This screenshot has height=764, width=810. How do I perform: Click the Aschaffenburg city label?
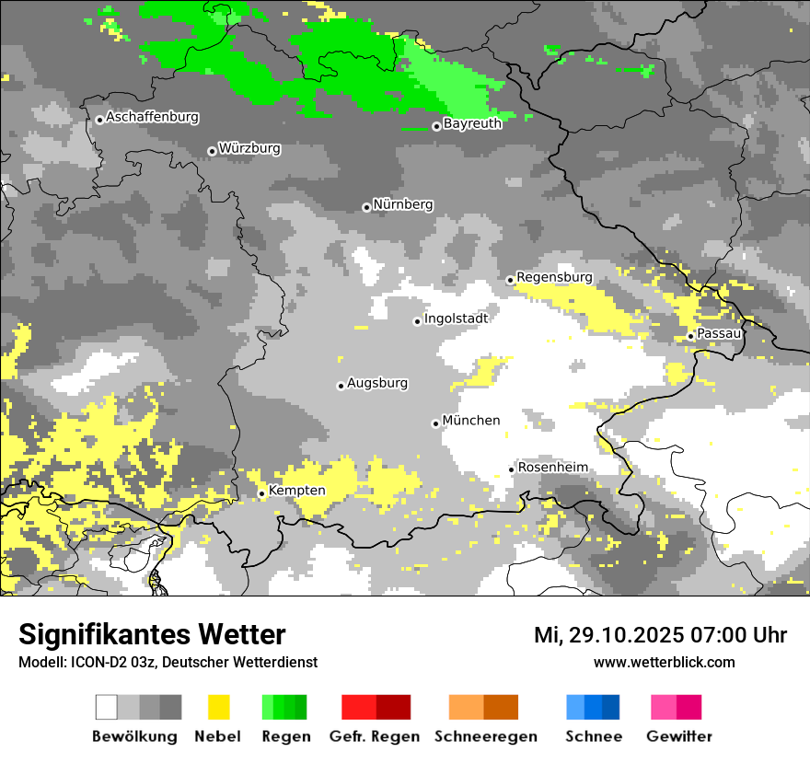pyautogui.click(x=152, y=117)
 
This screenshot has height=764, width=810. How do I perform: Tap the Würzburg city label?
pyautogui.click(x=249, y=148)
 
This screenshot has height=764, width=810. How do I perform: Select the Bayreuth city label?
pyautogui.click(x=472, y=123)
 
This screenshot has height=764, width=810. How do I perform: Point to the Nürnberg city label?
pyautogui.click(x=402, y=204)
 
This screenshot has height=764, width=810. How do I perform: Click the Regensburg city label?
pyautogui.click(x=554, y=277)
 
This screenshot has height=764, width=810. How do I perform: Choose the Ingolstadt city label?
pyautogui.click(x=456, y=318)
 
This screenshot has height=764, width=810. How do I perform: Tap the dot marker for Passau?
pyautogui.click(x=690, y=336)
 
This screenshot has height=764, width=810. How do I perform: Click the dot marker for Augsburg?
pyautogui.click(x=341, y=386)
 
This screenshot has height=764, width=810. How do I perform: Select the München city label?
pyautogui.click(x=471, y=421)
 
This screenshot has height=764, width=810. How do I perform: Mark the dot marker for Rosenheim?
pyautogui.click(x=511, y=470)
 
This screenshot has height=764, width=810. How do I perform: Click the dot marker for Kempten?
pyautogui.click(x=261, y=494)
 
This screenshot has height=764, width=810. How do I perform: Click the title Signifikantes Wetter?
pyautogui.click(x=152, y=634)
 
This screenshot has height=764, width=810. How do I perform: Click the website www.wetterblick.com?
pyautogui.click(x=664, y=662)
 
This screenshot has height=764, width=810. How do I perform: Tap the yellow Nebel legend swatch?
pyautogui.click(x=219, y=707)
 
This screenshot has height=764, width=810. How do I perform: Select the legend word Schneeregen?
pyautogui.click(x=486, y=736)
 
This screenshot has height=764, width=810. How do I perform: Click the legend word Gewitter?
pyautogui.click(x=678, y=736)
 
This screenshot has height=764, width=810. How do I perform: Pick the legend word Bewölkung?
pyautogui.click(x=134, y=736)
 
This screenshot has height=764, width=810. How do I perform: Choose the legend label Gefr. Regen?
pyautogui.click(x=374, y=736)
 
